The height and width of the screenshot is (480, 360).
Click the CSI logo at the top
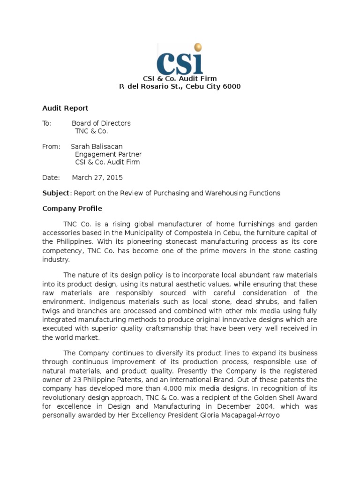point(180,60)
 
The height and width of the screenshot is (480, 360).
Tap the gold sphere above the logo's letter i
point(198,47)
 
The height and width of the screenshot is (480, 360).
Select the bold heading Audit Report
point(65,108)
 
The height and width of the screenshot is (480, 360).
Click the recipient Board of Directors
point(101,123)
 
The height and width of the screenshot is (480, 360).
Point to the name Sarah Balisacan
point(96,147)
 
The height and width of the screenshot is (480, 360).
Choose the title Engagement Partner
point(108,154)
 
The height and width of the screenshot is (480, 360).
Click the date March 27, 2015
point(97,178)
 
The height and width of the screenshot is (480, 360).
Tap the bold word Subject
point(55,193)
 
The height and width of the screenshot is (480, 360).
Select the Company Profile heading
point(72,209)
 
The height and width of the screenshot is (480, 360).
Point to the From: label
point(51,147)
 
